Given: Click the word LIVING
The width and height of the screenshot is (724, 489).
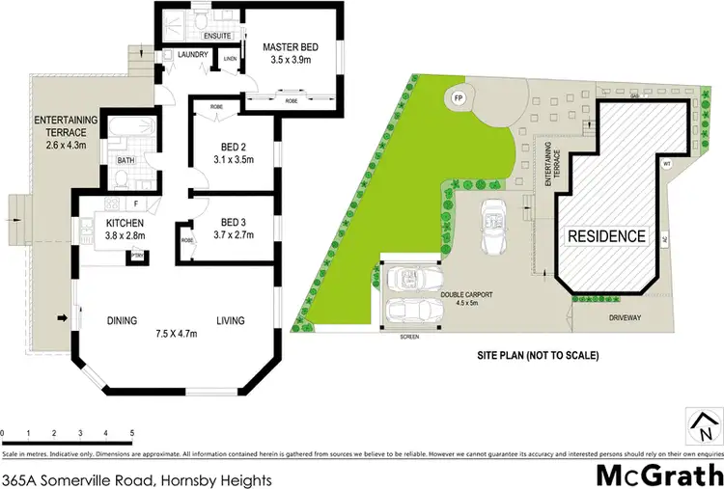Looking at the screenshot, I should (229, 321).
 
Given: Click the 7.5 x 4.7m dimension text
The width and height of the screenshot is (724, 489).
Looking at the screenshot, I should (176, 335).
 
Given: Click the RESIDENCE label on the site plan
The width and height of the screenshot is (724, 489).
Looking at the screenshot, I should (605, 235).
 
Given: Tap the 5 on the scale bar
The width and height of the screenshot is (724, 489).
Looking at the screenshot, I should (131, 433).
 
